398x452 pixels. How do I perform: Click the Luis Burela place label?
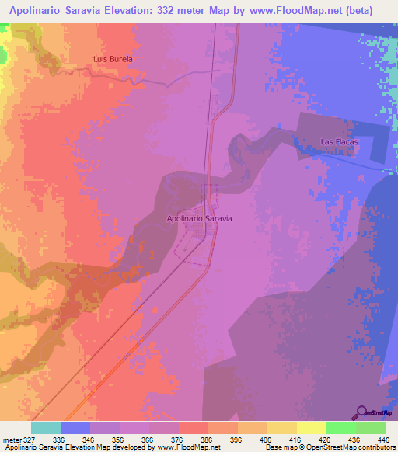click(x=113, y=58)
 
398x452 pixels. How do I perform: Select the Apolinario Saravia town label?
click(x=200, y=218)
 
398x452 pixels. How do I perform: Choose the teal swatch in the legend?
click(x=45, y=428)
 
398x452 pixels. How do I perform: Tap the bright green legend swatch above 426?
click(x=340, y=428)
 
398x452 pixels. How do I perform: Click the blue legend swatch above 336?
click(x=75, y=428)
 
